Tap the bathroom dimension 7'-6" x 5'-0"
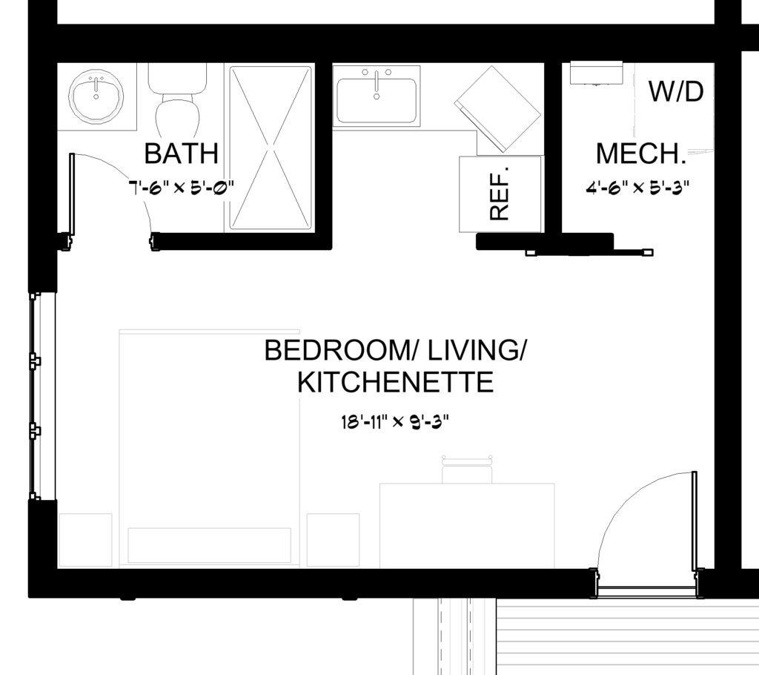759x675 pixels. coord(182,186)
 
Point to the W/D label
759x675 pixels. coord(676,91)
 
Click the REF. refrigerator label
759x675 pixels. coord(500,194)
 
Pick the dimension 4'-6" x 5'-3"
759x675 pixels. coord(637,187)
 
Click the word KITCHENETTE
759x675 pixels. coord(395,382)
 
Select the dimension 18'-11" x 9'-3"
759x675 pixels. coord(395,422)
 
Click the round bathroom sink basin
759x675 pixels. coord(96,96)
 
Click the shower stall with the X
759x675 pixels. coord(270,148)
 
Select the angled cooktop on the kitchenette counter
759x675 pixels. coord(497,108)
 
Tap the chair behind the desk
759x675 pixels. coord(467,469)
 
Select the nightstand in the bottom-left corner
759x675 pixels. coord(85,540)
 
